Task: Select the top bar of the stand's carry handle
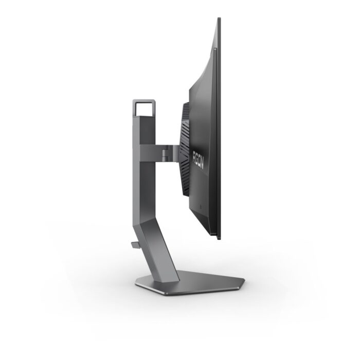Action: (x=142, y=100)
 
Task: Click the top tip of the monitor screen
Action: (x=219, y=19)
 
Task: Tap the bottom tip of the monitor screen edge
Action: (x=219, y=238)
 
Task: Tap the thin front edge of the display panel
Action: (x=219, y=129)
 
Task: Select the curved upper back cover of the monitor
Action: (x=206, y=77)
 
